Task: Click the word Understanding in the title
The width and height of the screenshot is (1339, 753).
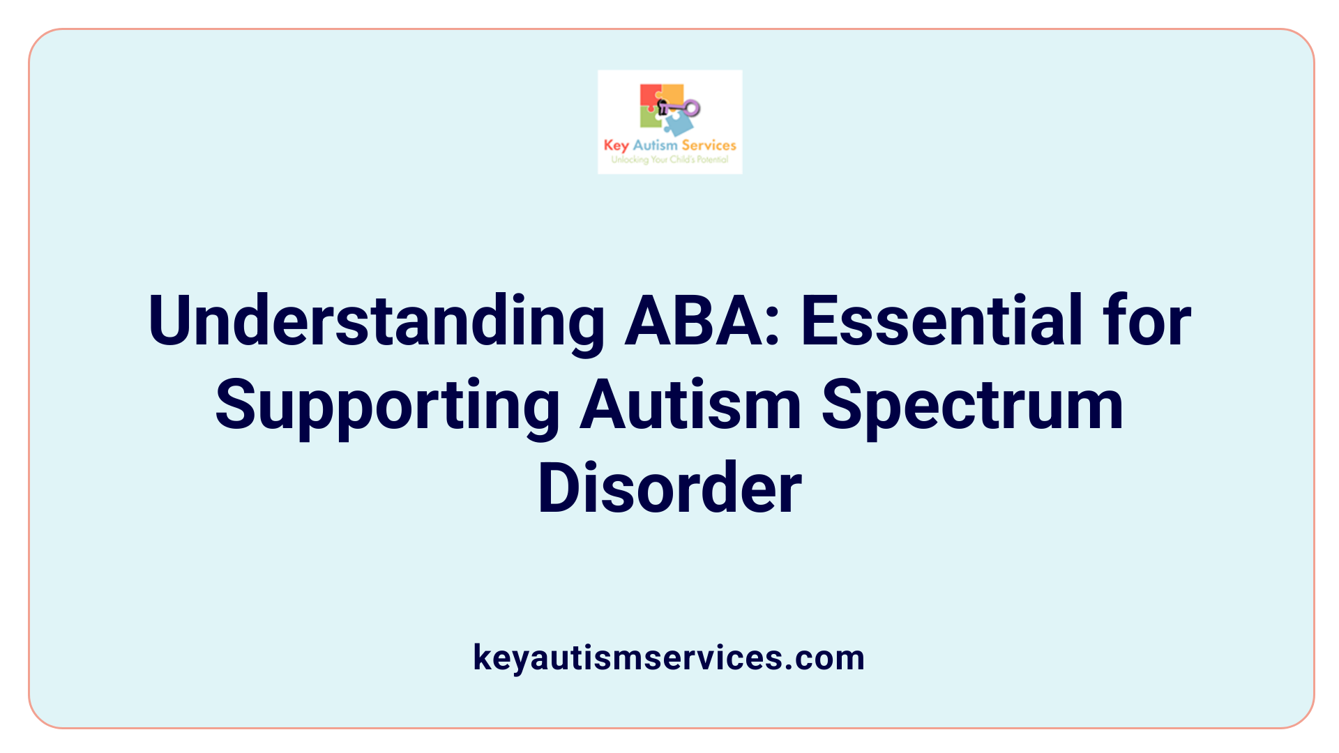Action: [377, 321]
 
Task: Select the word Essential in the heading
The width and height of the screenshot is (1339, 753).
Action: [941, 321]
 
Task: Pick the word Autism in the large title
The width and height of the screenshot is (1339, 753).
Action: [690, 404]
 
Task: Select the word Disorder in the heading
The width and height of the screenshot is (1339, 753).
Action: [669, 488]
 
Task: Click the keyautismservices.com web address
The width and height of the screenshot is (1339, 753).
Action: [669, 657]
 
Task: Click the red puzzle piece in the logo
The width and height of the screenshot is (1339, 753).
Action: [649, 96]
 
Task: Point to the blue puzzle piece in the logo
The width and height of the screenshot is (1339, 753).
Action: [677, 123]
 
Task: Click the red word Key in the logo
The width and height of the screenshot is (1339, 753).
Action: [616, 145]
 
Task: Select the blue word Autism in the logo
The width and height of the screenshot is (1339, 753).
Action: [655, 145]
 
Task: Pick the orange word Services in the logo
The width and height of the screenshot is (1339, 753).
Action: [709, 145]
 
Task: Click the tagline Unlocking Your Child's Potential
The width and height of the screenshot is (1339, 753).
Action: [669, 160]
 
